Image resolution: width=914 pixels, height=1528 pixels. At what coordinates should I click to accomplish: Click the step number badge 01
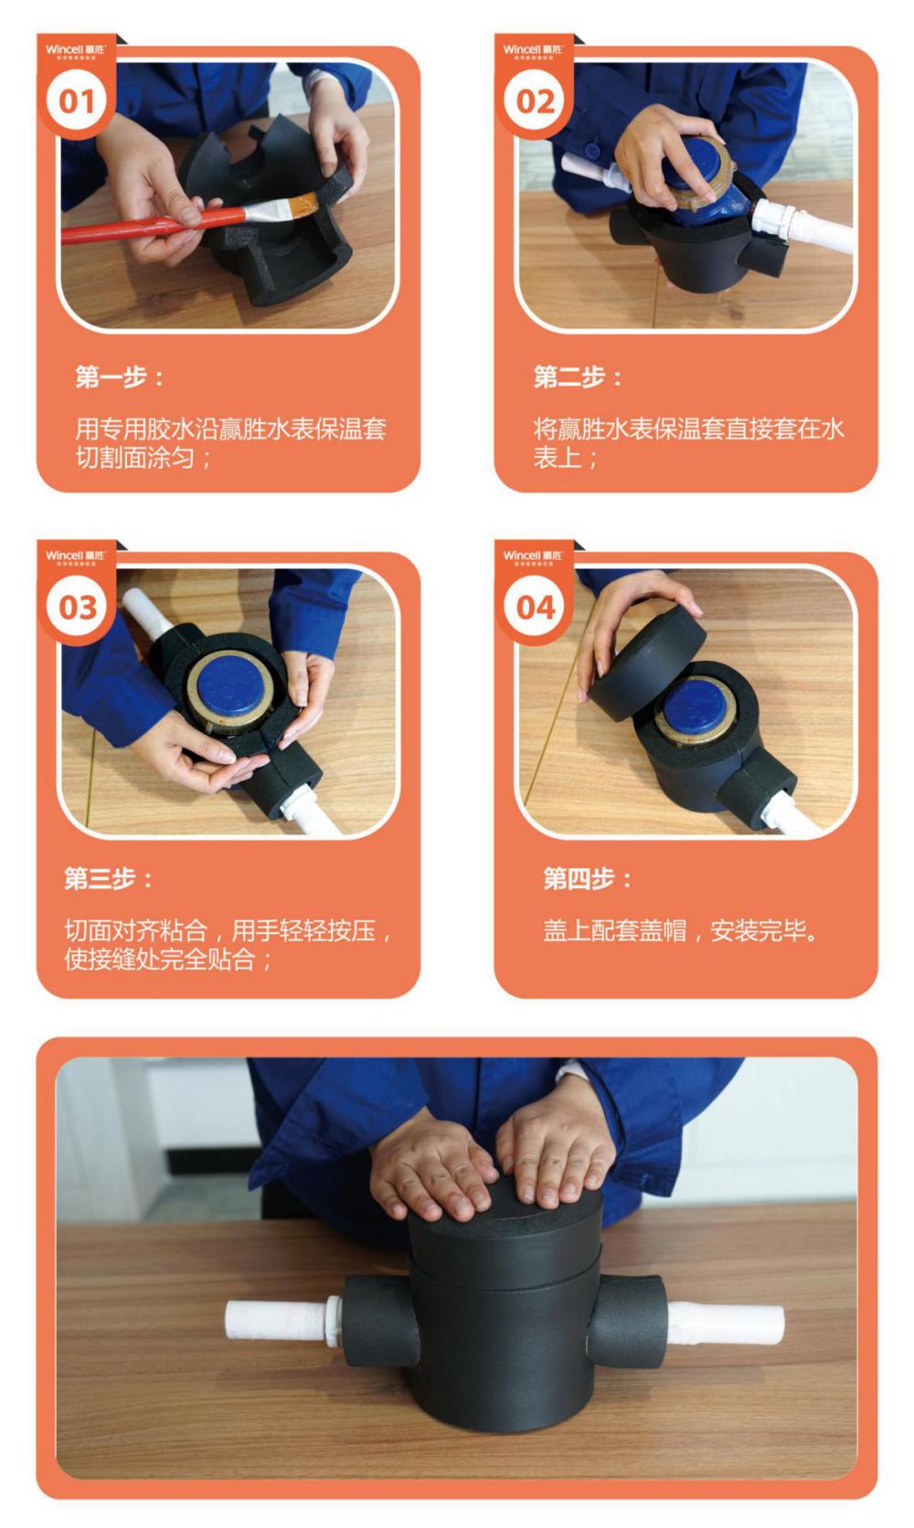click(77, 101)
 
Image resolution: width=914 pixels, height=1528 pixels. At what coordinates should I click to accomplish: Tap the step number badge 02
click(535, 101)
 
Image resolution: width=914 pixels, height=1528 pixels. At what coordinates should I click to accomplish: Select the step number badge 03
click(77, 607)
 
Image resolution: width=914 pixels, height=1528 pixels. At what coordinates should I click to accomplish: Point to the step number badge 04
click(535, 607)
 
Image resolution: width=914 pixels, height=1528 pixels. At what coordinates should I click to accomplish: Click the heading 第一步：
click(120, 377)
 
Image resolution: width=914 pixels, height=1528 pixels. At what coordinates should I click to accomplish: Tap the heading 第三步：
click(109, 879)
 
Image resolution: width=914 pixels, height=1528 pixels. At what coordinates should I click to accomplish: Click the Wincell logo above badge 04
click(533, 556)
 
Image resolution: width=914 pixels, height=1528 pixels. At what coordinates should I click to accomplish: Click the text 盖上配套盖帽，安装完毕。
click(681, 931)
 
